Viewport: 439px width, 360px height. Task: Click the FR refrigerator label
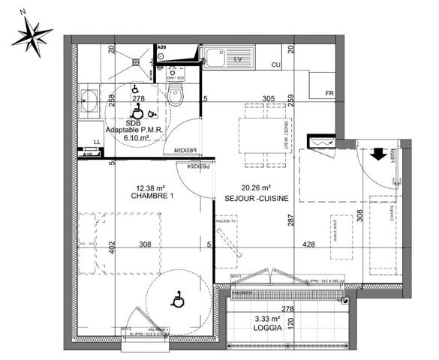click(x=328, y=93)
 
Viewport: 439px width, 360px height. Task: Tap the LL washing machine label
click(x=96, y=141)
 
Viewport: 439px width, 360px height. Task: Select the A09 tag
click(x=161, y=47)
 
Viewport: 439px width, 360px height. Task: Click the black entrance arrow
click(x=377, y=153)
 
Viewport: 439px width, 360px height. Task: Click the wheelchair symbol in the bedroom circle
click(x=178, y=301)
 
